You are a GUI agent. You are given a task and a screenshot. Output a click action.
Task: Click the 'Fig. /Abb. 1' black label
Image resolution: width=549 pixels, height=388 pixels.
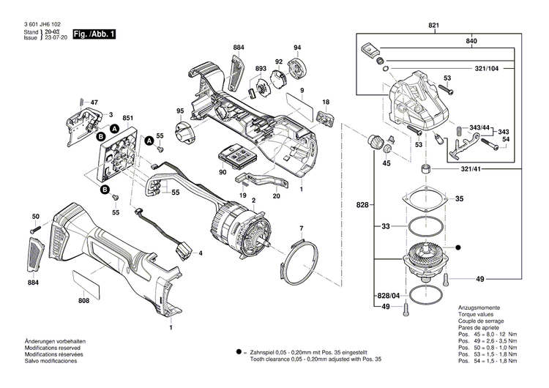pos(94,34)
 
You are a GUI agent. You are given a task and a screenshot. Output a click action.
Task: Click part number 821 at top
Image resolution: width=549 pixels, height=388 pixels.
pos(434,26)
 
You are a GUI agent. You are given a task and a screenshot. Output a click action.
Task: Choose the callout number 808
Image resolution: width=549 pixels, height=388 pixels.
pos(84,301)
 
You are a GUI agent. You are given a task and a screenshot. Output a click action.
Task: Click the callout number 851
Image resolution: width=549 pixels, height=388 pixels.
pos(127,118)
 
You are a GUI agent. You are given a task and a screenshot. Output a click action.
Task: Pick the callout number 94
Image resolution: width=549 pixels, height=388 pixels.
pos(297,48)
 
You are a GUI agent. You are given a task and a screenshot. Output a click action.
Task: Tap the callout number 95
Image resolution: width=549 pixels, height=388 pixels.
pos(179,111)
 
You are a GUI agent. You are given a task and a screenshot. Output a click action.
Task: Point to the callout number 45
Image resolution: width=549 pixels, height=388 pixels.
pos(386,163)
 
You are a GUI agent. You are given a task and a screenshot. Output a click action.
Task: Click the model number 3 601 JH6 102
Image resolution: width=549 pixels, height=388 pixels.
pos(42,24)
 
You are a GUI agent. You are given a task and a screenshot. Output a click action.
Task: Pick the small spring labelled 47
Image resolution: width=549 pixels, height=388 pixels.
pos(80,102)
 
